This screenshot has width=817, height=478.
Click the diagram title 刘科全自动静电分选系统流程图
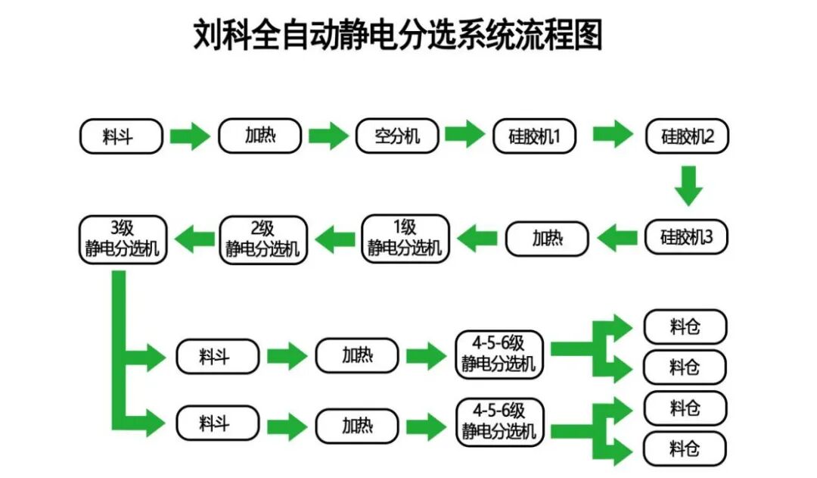pos(398,35)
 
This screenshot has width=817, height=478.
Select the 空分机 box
pos(397,136)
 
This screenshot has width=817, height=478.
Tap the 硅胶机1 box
pos(535,137)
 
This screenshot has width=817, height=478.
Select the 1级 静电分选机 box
pos(405,238)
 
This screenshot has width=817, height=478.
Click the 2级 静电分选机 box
pos(262,239)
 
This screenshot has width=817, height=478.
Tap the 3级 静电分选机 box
pos(122,239)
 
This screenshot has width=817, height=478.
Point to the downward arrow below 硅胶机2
pos(688,186)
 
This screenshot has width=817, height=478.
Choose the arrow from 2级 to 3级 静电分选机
pos(194,240)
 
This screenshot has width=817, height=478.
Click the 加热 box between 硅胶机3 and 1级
pos(547,238)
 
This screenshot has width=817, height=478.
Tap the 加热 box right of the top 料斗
pos(259,136)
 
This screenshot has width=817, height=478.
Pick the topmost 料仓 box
pos(685,327)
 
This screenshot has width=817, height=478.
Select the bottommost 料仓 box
pos(685,449)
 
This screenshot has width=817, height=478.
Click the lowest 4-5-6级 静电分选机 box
pos(499,421)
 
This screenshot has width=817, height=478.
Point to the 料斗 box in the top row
pos(121,137)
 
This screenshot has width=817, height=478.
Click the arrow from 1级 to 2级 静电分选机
pos(335,240)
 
